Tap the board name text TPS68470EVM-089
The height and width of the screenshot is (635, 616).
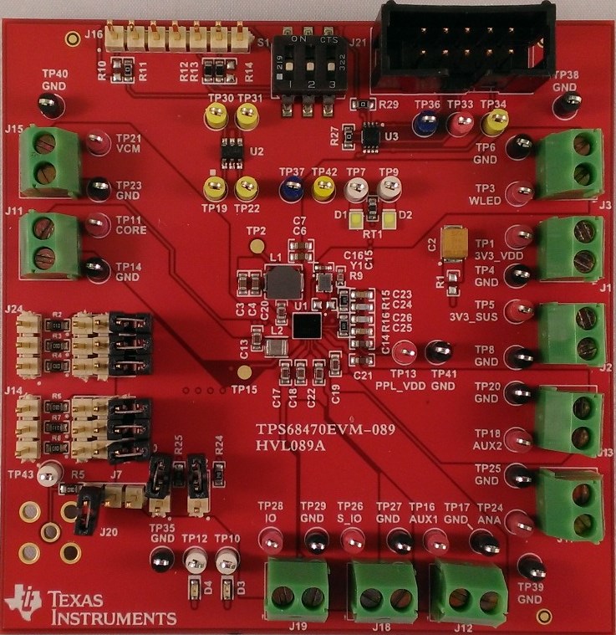(325, 428)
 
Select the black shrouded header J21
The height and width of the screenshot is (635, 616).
(466, 47)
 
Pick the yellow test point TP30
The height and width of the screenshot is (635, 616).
(216, 119)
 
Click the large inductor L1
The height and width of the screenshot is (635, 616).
(282, 283)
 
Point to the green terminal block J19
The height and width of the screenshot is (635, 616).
(297, 591)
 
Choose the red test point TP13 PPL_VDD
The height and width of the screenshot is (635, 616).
(405, 351)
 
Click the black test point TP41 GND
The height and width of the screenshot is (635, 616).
(438, 352)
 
